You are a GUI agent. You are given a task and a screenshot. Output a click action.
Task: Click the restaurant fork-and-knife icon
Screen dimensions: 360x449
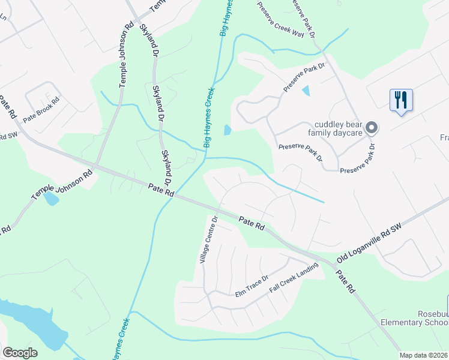[401, 100]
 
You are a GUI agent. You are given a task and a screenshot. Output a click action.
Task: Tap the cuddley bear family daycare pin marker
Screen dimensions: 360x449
[372, 127]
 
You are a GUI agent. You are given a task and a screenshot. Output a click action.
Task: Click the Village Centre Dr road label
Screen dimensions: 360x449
[208, 239]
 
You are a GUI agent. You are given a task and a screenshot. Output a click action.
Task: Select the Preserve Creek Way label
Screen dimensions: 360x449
[280, 21]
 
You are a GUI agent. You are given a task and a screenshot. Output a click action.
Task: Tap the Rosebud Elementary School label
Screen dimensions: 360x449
[414, 318]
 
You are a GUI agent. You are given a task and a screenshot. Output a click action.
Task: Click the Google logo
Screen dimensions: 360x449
[20, 353]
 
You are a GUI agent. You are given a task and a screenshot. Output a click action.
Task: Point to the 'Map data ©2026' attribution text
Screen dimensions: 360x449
[424, 355]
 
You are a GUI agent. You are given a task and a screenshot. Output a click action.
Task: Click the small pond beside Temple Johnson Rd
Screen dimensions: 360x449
[51, 199]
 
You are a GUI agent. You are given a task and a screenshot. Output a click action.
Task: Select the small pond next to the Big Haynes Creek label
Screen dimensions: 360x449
[227, 130]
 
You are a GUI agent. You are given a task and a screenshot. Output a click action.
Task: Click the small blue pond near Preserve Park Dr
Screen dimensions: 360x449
[306, 91]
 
